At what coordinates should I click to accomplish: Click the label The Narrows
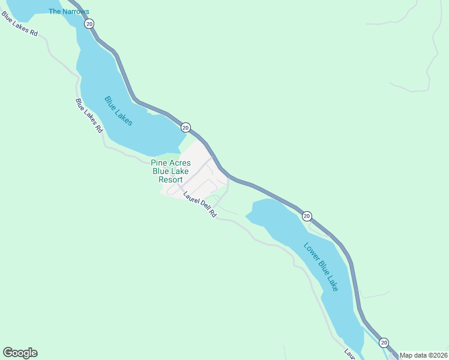pos(68,11)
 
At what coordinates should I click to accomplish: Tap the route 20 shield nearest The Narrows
pos(89,24)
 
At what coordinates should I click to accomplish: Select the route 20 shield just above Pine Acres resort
pos(185,127)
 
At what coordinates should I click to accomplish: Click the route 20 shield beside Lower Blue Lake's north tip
pos(307,216)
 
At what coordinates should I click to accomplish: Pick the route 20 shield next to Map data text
pos(384,342)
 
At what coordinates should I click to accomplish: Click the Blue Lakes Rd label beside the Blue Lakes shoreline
pos(89,115)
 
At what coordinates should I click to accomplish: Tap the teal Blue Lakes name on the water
pos(118,110)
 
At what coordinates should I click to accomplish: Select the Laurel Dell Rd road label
pos(200,204)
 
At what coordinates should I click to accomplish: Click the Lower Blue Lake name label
pos(321,266)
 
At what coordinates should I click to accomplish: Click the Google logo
pos(20,353)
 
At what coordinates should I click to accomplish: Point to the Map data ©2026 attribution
pos(423,355)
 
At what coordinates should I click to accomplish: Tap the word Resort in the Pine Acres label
pos(170,179)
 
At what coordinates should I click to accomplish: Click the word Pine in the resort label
pos(159,163)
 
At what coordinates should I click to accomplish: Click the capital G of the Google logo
pos(8,353)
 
